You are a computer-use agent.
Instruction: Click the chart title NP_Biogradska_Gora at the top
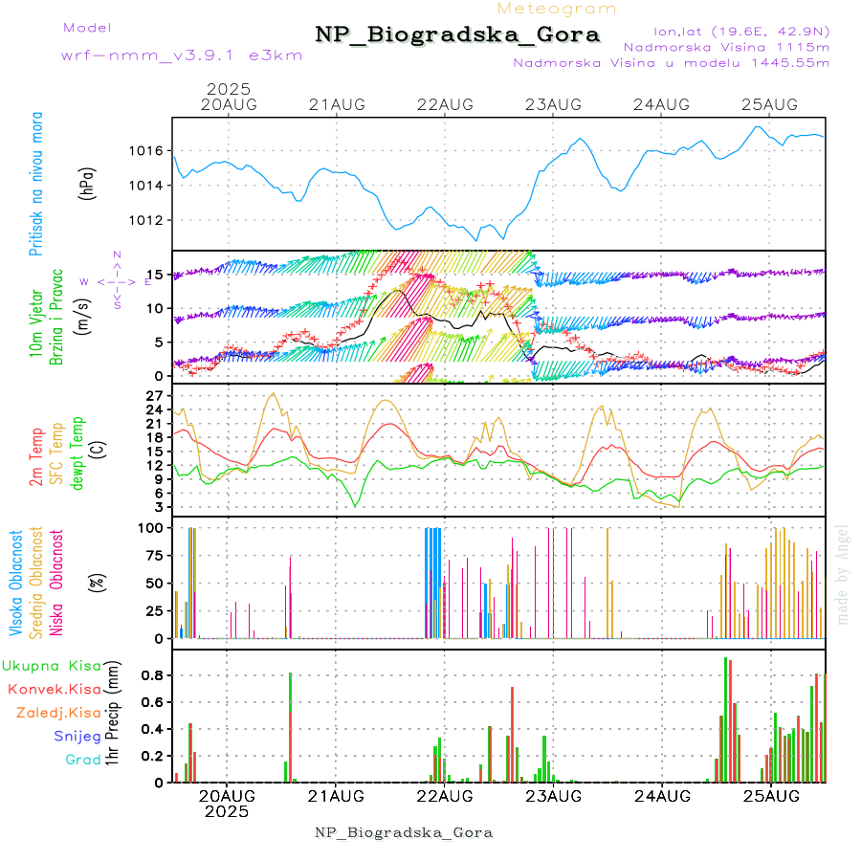(457, 35)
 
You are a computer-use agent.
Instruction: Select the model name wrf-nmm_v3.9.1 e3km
(182, 55)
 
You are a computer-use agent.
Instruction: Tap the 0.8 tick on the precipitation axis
(151, 675)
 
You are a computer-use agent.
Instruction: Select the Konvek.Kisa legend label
(54, 689)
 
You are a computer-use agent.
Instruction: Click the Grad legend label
(83, 760)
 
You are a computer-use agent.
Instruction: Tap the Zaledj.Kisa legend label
(58, 713)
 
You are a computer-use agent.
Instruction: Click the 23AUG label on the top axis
(553, 104)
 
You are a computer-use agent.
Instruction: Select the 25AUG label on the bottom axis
(770, 795)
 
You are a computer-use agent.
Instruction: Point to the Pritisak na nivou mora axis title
(37, 185)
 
